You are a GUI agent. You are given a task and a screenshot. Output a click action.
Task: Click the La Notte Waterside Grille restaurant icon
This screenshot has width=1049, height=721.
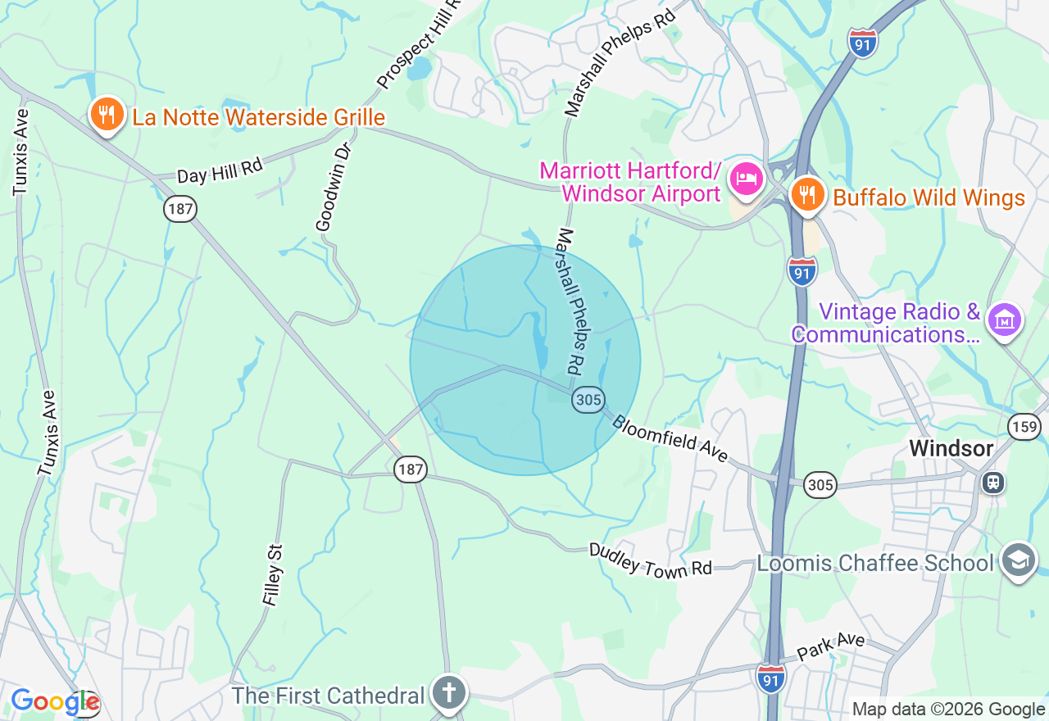(107, 115)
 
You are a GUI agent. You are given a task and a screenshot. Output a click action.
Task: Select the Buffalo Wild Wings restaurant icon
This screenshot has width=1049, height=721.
(808, 194)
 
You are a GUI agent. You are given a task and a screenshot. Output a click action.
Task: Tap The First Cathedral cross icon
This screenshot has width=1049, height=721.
(449, 693)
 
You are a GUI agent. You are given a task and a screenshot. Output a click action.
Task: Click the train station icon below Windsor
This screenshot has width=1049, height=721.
(993, 483)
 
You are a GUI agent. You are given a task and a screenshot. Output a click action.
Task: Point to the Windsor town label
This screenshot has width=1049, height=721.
(951, 448)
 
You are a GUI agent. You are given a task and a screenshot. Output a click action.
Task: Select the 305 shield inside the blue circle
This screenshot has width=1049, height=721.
(588, 400)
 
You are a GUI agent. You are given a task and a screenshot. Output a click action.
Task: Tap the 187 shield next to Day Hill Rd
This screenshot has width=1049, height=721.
(179, 209)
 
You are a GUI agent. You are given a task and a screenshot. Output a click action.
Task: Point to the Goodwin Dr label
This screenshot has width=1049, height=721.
(334, 187)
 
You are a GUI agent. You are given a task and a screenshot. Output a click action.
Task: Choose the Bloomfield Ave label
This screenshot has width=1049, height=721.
(670, 438)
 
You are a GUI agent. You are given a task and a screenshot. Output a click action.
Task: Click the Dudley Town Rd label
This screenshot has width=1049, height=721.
(651, 560)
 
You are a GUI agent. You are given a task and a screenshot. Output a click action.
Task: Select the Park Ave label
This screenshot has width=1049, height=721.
(831, 643)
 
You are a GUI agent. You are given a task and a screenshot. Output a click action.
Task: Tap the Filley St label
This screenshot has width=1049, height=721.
(273, 575)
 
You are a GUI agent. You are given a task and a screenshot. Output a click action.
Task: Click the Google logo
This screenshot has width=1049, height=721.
(55, 702)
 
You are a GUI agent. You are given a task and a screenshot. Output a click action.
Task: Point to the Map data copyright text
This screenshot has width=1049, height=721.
(948, 710)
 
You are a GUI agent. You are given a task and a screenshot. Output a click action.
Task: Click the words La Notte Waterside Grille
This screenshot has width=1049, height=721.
(259, 117)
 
